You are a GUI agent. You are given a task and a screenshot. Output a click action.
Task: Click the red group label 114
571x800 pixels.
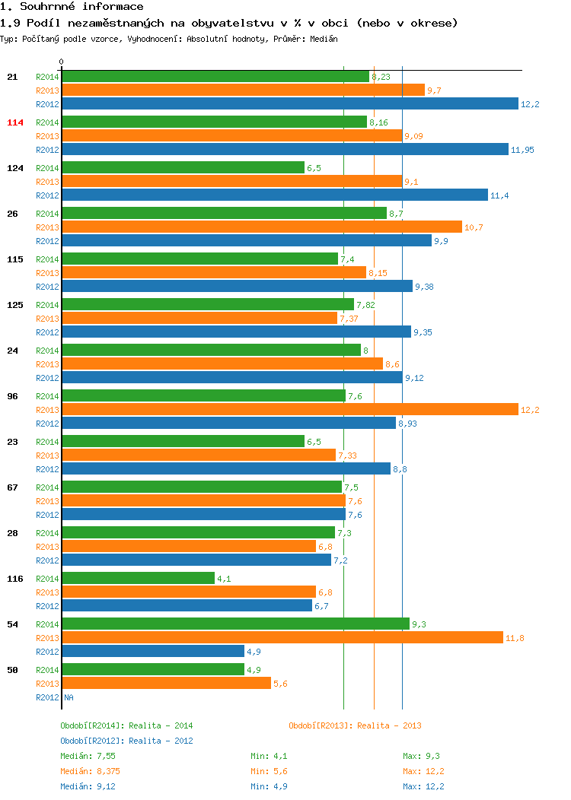pos(14,122)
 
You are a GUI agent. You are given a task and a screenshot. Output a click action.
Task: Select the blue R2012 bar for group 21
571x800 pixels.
pos(290,103)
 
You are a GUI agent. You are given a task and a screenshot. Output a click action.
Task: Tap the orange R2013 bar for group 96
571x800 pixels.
pos(290,409)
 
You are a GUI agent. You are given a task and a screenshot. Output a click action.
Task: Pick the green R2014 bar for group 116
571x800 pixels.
pos(139,578)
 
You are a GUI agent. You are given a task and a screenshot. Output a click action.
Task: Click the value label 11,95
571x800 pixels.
pos(522,150)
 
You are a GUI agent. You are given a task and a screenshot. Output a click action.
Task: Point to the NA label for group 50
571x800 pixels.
pos(69,697)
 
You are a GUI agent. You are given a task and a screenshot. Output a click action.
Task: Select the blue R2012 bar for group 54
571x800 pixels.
pos(153,651)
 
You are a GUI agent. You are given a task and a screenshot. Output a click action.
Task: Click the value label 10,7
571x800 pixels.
pos(474,227)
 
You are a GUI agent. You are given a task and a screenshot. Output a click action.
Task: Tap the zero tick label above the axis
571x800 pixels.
pos(62,62)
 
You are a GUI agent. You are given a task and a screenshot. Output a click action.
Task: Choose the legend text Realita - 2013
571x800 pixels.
pos(389,725)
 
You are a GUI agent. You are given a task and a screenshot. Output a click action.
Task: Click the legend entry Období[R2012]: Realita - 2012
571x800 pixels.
pos(126,741)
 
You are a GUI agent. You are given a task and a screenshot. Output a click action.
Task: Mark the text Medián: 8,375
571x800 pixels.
pos(91,771)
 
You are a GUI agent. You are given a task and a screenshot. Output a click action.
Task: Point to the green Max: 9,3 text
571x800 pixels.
pos(421,756)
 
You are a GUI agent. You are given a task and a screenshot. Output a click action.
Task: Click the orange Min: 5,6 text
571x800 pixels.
pos(269,771)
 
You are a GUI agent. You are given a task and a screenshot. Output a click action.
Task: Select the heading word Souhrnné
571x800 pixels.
pos(47,7)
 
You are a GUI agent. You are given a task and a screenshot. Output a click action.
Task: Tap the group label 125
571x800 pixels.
pos(14,305)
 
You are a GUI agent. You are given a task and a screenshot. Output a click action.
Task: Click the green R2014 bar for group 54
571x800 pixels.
pos(236,624)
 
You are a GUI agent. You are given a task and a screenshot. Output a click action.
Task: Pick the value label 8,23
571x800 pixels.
pos(381,77)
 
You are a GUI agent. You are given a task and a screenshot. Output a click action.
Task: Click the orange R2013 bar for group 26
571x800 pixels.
pos(262,227)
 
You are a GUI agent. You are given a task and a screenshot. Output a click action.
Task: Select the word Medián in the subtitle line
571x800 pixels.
pos(324,39)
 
